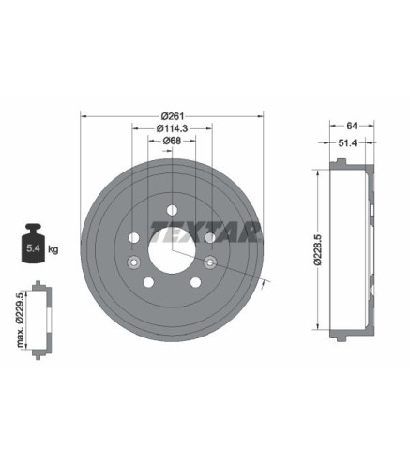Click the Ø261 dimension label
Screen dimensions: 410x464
pos(173,116)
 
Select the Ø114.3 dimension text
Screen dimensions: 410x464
pos(172,128)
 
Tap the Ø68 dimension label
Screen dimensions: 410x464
pos(172,141)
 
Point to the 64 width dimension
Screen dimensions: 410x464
pos(352,126)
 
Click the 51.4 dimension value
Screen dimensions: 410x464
pos(347,142)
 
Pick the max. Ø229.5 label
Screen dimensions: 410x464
pos(21,321)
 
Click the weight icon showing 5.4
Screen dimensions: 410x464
pos(33,243)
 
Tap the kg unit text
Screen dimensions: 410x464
pos(53,249)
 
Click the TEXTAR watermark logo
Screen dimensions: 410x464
pos(206,232)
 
